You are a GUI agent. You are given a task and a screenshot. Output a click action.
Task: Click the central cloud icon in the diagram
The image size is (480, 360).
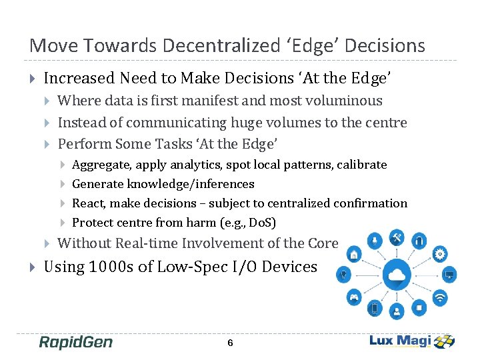(397, 274)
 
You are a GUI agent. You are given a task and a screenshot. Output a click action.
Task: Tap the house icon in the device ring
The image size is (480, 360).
(354, 253)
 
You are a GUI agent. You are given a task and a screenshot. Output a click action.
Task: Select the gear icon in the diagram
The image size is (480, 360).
(440, 253)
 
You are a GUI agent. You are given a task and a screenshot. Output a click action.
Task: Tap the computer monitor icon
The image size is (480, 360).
(449, 274)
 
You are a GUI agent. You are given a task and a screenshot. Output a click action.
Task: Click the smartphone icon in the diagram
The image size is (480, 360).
(375, 308)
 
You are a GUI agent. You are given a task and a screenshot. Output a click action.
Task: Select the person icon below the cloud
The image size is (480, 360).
(397, 311)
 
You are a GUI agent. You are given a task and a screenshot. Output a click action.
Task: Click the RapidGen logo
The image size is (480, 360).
(75, 342)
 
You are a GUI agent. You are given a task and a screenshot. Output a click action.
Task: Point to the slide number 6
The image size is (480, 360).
(230, 343)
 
